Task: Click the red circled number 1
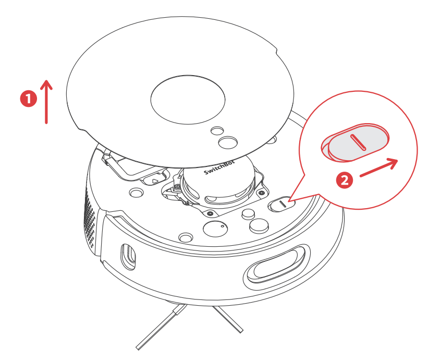click(x=28, y=98)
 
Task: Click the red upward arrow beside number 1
click(x=47, y=102)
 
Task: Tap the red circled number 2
click(x=343, y=180)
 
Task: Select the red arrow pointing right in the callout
click(x=379, y=168)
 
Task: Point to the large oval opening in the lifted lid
click(x=188, y=99)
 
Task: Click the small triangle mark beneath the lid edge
click(x=154, y=181)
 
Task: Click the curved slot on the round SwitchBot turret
click(x=219, y=199)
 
